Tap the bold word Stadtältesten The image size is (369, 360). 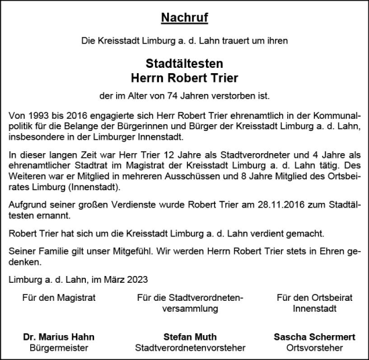click(184, 64)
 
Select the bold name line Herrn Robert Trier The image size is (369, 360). click(184, 78)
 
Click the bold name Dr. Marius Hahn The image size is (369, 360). click(58, 336)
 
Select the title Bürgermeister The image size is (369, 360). click(58, 348)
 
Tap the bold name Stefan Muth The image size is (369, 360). click(189, 336)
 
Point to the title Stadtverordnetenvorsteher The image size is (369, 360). click(189, 348)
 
